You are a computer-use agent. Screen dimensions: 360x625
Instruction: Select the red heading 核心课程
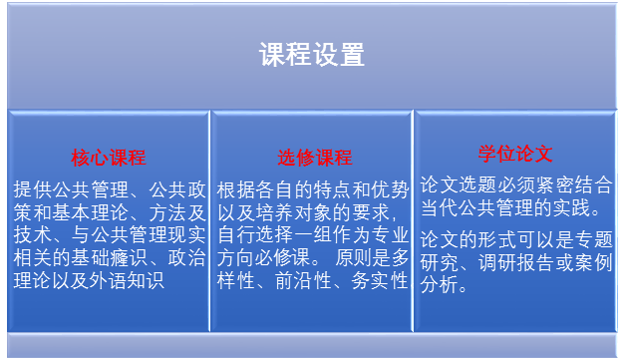click(x=108, y=158)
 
